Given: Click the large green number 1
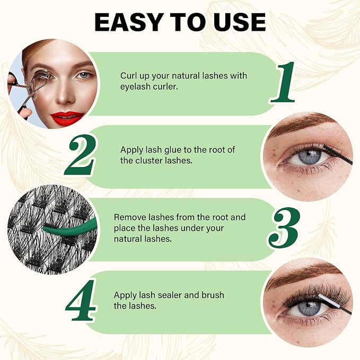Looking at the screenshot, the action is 283,82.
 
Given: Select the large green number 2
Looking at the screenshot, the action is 80,155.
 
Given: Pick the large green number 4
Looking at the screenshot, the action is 81,300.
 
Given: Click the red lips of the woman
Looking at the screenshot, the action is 67,118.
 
